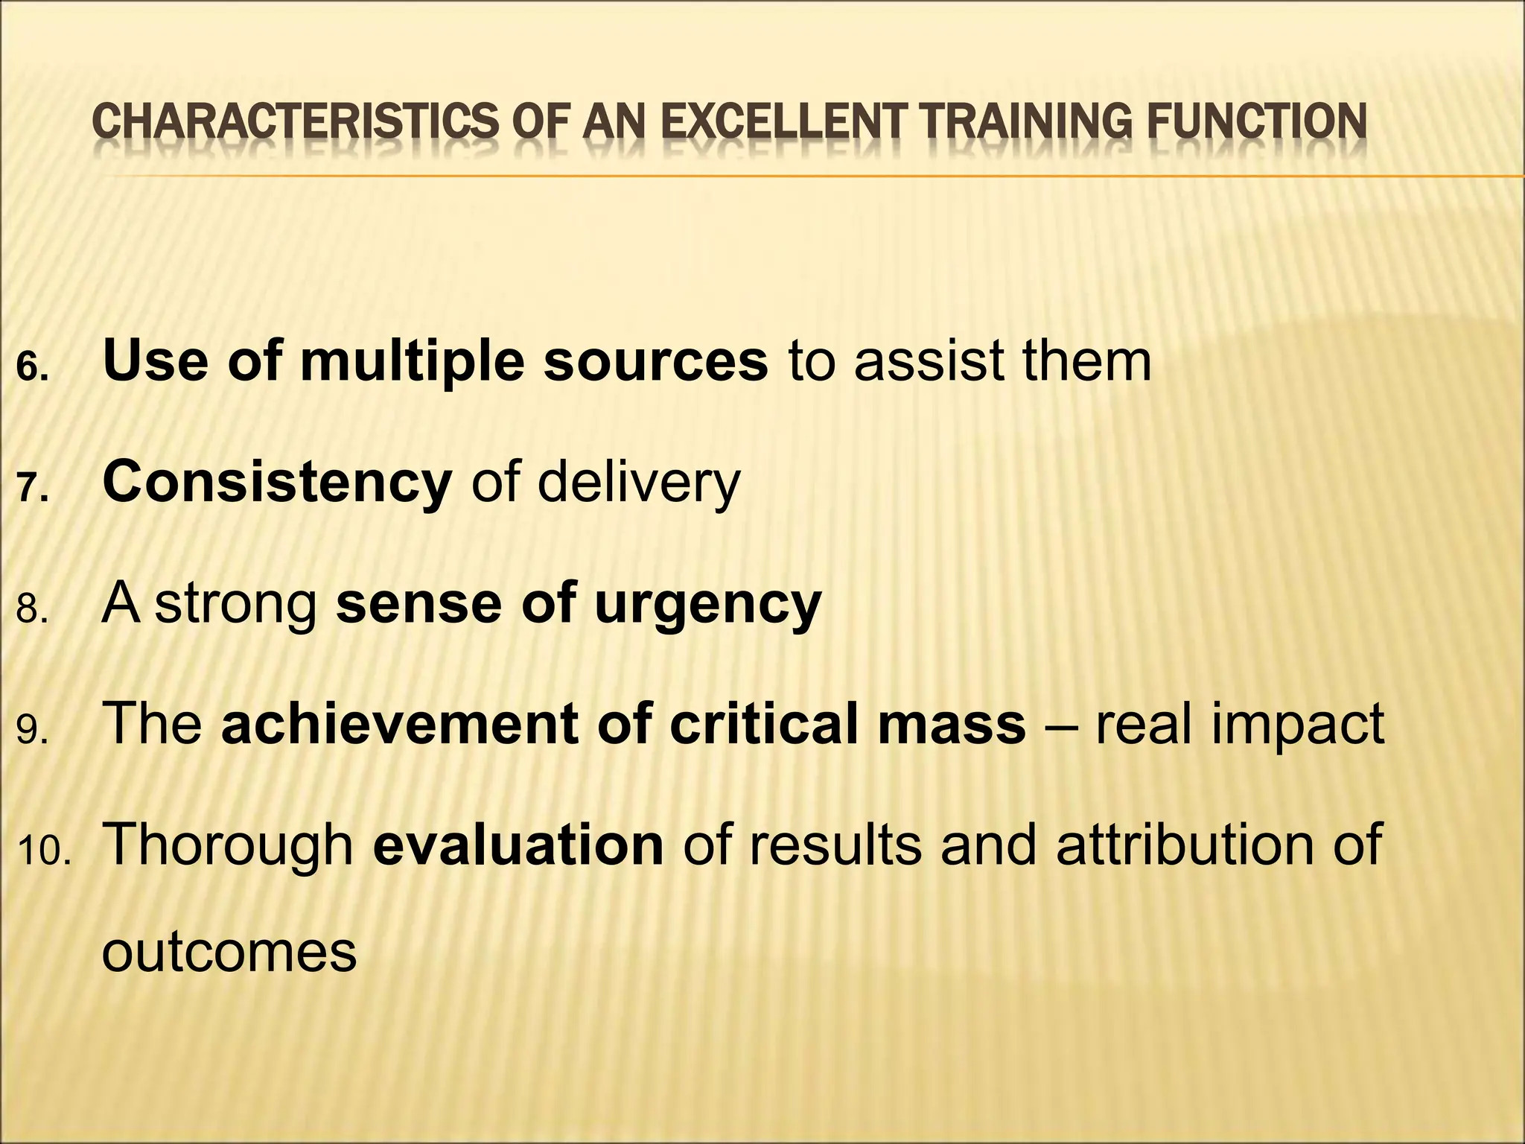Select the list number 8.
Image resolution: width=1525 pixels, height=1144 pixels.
click(32, 610)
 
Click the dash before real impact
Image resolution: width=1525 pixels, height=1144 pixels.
click(1060, 725)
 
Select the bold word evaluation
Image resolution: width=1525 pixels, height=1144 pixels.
click(518, 845)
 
